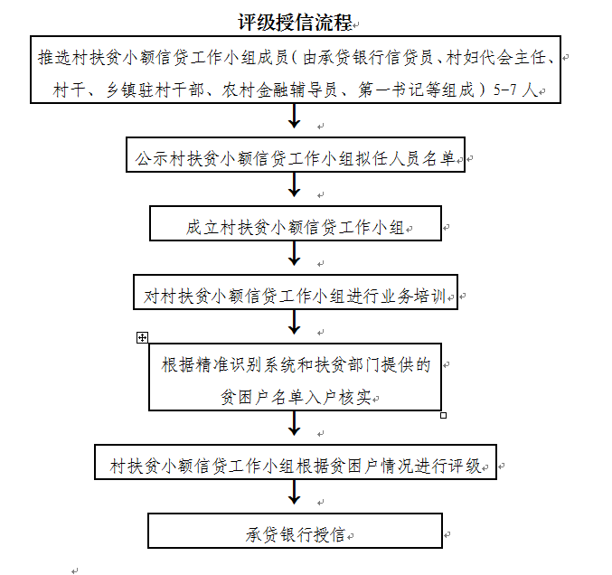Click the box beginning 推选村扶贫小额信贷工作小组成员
tap(298, 71)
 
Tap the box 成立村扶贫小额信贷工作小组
tap(296, 226)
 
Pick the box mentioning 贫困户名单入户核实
tap(296, 380)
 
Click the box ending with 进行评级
tap(296, 466)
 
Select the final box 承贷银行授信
tap(296, 533)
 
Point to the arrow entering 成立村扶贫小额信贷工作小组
tap(295, 186)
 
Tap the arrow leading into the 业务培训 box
tap(295, 255)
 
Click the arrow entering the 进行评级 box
tap(295, 426)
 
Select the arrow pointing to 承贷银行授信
tap(295, 494)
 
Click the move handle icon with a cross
tap(142, 337)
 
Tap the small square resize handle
tap(443, 415)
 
